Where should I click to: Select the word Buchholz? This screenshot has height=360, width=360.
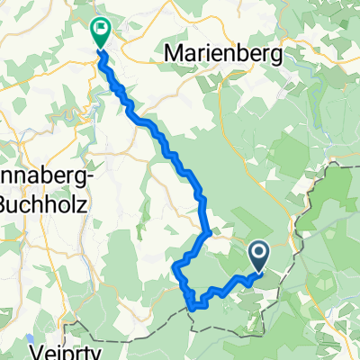[x=41, y=202]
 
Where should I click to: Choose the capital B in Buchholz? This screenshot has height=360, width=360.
[x=5, y=202]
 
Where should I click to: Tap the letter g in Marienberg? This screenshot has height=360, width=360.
[x=277, y=56]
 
